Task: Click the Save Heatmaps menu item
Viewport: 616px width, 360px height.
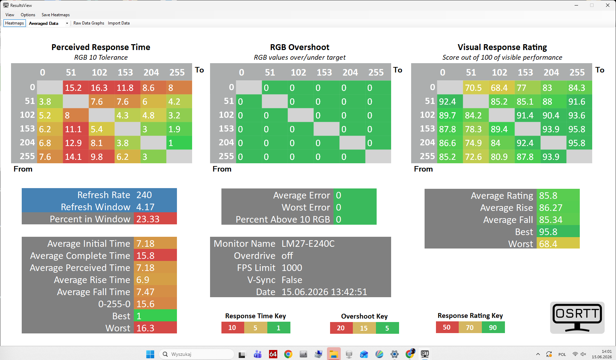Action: [x=56, y=15]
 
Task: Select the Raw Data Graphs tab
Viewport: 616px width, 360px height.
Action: [x=89, y=23]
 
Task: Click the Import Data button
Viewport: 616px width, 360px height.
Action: [x=119, y=23]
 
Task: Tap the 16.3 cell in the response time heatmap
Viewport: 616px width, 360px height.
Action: [x=101, y=88]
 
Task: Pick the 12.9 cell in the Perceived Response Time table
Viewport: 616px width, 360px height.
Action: [x=76, y=143]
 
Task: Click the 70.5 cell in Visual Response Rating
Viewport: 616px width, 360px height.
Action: [x=476, y=88]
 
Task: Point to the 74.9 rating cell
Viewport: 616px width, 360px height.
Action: [x=476, y=143]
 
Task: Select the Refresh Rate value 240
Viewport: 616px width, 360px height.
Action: [x=155, y=195]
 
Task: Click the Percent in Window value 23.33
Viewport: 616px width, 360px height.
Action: [x=155, y=219]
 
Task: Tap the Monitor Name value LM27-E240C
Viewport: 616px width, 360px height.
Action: [x=308, y=244]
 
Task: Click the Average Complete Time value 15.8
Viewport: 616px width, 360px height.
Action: [x=155, y=256]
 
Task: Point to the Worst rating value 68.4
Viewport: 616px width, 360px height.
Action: [x=558, y=244]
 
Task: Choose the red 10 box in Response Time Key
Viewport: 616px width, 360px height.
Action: [x=232, y=328]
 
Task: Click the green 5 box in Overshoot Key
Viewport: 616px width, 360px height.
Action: [x=387, y=328]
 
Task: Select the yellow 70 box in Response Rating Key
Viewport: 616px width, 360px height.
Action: [x=470, y=327]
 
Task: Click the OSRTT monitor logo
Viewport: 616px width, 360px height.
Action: [x=577, y=318]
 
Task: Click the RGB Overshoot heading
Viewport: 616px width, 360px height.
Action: [x=300, y=47]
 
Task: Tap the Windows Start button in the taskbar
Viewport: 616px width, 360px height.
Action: [x=150, y=354]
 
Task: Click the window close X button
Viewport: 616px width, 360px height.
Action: [x=608, y=5]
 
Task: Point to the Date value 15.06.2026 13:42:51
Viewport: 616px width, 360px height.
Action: [x=324, y=292]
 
